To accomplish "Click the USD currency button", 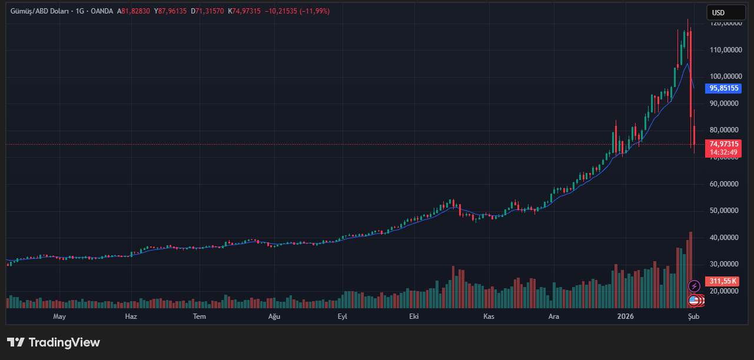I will pyautogui.click(x=718, y=12).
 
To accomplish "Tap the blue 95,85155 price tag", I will pyautogui.click(x=723, y=88).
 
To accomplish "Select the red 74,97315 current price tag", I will pyautogui.click(x=723, y=144).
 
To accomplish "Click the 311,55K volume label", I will pyautogui.click(x=723, y=281).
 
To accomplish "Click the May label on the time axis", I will pyautogui.click(x=59, y=316).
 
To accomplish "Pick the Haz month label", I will pyautogui.click(x=131, y=316).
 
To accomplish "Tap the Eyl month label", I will pyautogui.click(x=342, y=316).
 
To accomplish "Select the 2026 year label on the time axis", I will pyautogui.click(x=625, y=316).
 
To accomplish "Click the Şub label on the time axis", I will pyautogui.click(x=693, y=316).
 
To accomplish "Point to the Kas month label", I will pyautogui.click(x=488, y=316).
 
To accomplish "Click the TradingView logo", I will pyautogui.click(x=54, y=342).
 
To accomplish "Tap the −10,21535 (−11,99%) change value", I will pyautogui.click(x=297, y=11).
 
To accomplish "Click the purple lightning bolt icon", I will pyautogui.click(x=694, y=286).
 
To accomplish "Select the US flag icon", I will pyautogui.click(x=694, y=301).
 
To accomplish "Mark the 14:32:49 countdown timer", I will pyautogui.click(x=723, y=152).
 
